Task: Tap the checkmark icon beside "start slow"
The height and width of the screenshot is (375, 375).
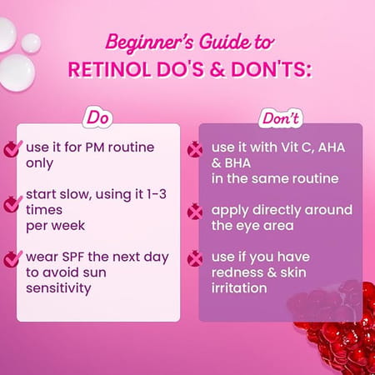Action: (x=12, y=202)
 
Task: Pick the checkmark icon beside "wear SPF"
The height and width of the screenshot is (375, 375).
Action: (x=12, y=258)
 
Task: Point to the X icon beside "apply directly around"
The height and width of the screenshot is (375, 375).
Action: (x=195, y=212)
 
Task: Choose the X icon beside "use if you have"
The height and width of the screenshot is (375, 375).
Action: (x=195, y=258)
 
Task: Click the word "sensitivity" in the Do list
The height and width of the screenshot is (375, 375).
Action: (x=61, y=287)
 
